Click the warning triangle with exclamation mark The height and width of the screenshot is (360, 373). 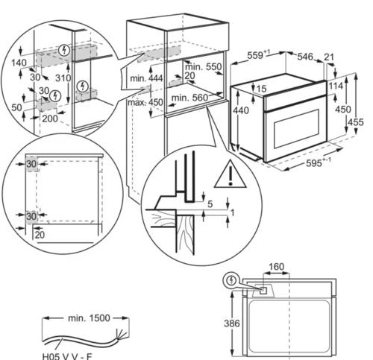pyautogui.click(x=230, y=175)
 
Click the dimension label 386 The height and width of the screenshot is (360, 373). pyautogui.click(x=232, y=323)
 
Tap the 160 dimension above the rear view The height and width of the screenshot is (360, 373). pyautogui.click(x=276, y=267)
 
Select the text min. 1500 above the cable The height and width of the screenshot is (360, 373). pyautogui.click(x=89, y=318)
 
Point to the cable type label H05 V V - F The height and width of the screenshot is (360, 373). pyautogui.click(x=67, y=356)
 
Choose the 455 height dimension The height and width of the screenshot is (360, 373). pyautogui.click(x=355, y=122)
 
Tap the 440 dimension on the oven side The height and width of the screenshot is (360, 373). pyautogui.click(x=240, y=110)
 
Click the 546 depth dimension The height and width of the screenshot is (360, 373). pyautogui.click(x=305, y=57)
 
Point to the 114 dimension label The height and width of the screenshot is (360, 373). pyautogui.click(x=336, y=86)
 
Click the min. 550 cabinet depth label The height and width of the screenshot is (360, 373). pyautogui.click(x=203, y=66)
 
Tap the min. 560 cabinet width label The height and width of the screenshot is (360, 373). pyautogui.click(x=189, y=98)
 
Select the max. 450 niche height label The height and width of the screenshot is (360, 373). pyautogui.click(x=145, y=102)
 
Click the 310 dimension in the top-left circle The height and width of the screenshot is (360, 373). pyautogui.click(x=63, y=78)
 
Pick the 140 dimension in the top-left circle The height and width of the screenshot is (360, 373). pyautogui.click(x=19, y=63)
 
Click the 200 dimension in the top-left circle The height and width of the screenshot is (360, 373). pyautogui.click(x=50, y=119)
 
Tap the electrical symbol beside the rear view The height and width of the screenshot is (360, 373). pyautogui.click(x=232, y=280)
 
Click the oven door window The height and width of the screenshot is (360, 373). pyautogui.click(x=296, y=128)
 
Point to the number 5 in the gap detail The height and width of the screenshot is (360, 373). pyautogui.click(x=210, y=204)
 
